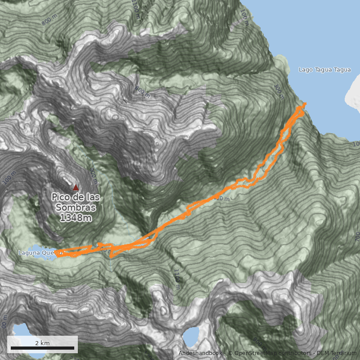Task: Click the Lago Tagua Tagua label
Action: (324, 70)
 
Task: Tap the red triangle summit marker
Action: (76, 188)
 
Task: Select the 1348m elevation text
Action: (76, 218)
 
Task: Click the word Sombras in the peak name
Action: (76, 208)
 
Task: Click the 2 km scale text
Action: (42, 343)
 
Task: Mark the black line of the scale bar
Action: (42, 348)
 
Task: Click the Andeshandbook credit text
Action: (200, 353)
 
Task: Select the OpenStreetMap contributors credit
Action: (270, 353)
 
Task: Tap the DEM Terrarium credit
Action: (338, 353)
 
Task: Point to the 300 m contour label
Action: (279, 91)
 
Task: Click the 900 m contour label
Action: (142, 93)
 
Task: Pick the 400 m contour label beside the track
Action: (221, 198)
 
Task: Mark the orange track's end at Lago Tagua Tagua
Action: (306, 104)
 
